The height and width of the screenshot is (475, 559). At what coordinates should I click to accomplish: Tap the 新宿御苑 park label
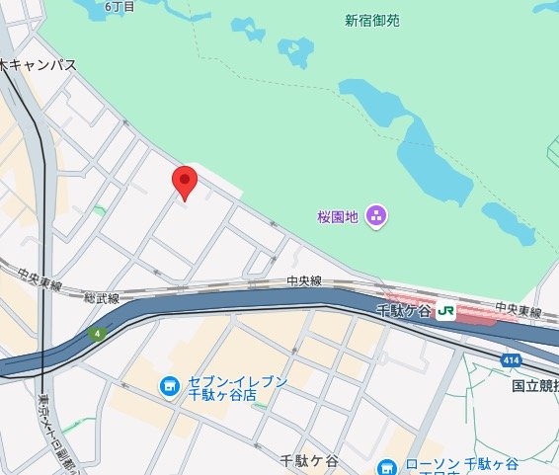(372, 19)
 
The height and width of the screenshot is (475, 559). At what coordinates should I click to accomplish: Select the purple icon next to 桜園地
(375, 215)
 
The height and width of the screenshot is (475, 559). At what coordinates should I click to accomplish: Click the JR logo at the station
(445, 311)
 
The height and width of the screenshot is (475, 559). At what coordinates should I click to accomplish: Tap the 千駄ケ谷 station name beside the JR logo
(405, 311)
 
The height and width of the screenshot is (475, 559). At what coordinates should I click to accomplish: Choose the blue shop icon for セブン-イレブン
(168, 385)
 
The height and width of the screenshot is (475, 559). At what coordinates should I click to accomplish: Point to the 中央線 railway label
(304, 280)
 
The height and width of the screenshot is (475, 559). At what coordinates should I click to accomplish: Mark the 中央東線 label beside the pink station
(519, 310)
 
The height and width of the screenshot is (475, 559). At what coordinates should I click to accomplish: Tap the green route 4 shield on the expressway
(97, 334)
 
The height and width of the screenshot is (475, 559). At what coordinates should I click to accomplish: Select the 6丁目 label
(118, 6)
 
